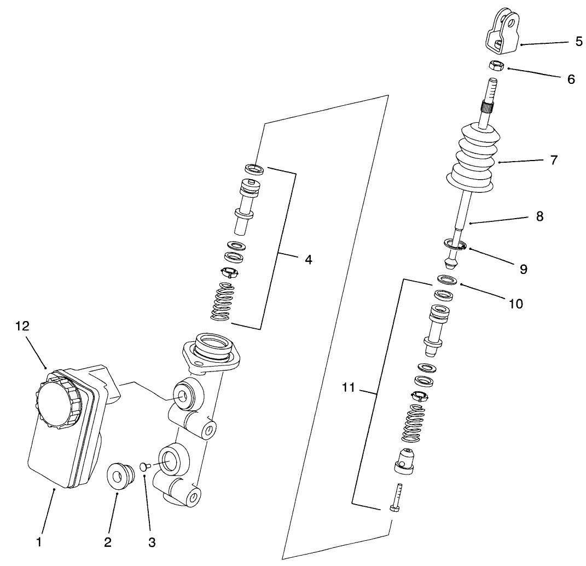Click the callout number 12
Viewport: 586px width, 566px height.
pos(22,326)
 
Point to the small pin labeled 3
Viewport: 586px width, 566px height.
pos(145,467)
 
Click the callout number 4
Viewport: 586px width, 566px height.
pos(308,260)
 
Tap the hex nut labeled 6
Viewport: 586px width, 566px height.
pos(495,65)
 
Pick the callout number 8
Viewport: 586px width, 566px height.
pos(539,216)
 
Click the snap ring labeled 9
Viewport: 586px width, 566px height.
pos(454,244)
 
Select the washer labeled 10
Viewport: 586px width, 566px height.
pos(447,281)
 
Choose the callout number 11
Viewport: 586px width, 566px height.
pos(348,388)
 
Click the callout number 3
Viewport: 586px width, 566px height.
pos(152,542)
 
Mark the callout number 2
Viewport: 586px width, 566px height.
pos(107,542)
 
